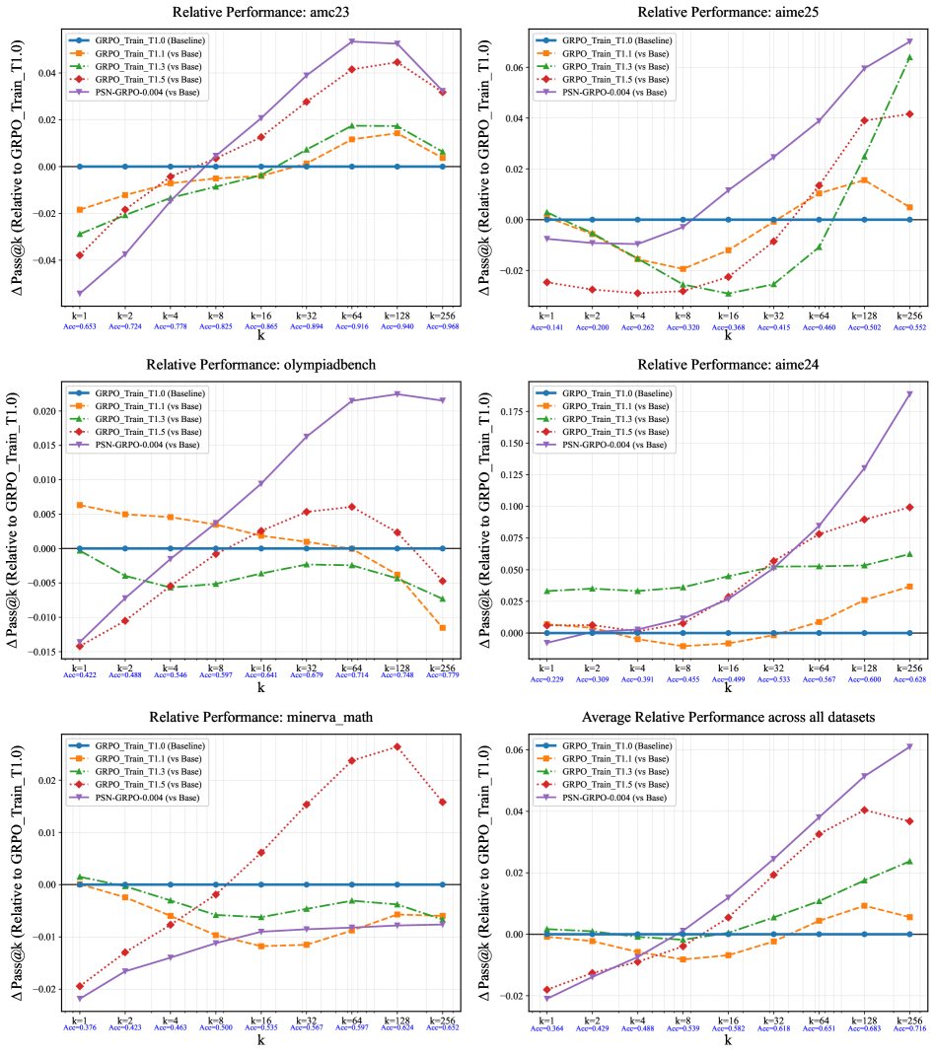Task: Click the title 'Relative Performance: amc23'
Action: point(260,12)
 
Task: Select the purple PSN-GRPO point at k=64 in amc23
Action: point(351,41)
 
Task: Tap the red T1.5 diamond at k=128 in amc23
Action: point(396,62)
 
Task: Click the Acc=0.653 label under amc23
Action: point(79,326)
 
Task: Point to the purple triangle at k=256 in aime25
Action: point(908,41)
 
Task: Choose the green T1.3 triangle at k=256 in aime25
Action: point(908,57)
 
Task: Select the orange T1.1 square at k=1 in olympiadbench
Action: point(79,505)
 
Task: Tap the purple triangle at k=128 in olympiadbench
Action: point(396,394)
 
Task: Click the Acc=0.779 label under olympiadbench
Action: point(442,675)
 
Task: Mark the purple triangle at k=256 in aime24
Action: point(908,394)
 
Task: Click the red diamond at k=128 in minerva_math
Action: point(396,746)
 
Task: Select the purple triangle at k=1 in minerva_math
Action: point(79,999)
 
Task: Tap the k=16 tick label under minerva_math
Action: point(260,1017)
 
